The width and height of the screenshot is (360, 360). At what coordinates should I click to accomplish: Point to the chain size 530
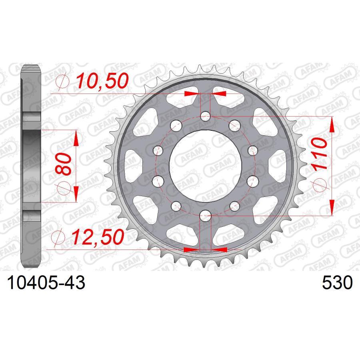pyautogui.click(x=337, y=283)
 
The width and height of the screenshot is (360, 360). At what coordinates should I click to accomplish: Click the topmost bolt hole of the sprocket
pyautogui.click(x=205, y=117)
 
